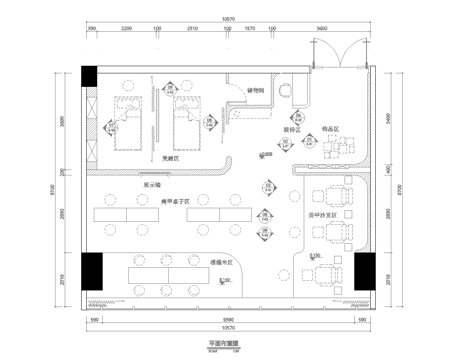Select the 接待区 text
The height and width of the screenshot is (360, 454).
point(291,130)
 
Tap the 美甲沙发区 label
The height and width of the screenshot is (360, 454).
point(331,214)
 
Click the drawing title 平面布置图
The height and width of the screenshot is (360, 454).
point(227,342)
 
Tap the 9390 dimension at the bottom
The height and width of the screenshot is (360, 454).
point(227,318)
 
